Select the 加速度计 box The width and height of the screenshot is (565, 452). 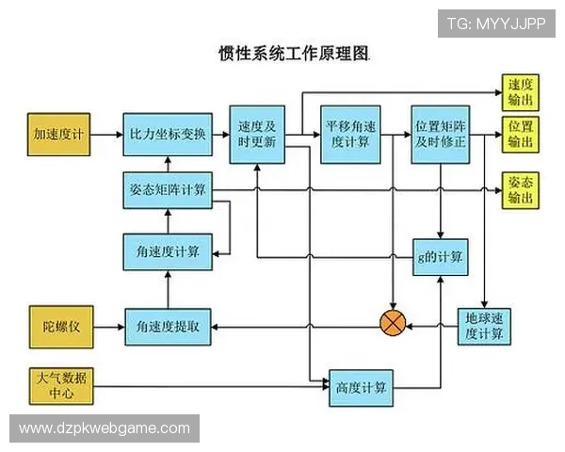click(58, 135)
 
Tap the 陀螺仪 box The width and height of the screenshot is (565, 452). click(58, 326)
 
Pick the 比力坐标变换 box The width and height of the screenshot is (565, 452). click(168, 135)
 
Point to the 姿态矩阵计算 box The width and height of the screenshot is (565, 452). click(168, 189)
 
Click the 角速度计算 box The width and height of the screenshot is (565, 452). click(168, 250)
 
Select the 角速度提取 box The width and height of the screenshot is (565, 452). click(168, 327)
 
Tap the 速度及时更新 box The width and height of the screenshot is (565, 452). click(256, 135)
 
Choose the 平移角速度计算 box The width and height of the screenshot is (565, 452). click(349, 135)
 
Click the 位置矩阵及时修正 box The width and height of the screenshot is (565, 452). click(441, 135)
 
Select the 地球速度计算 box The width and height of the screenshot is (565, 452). click(485, 326)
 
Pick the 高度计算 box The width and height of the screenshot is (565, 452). click(362, 386)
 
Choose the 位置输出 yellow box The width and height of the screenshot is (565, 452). click(521, 135)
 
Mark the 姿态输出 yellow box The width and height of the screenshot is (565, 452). click(521, 190)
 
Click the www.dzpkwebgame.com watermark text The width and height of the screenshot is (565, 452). click(105, 428)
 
